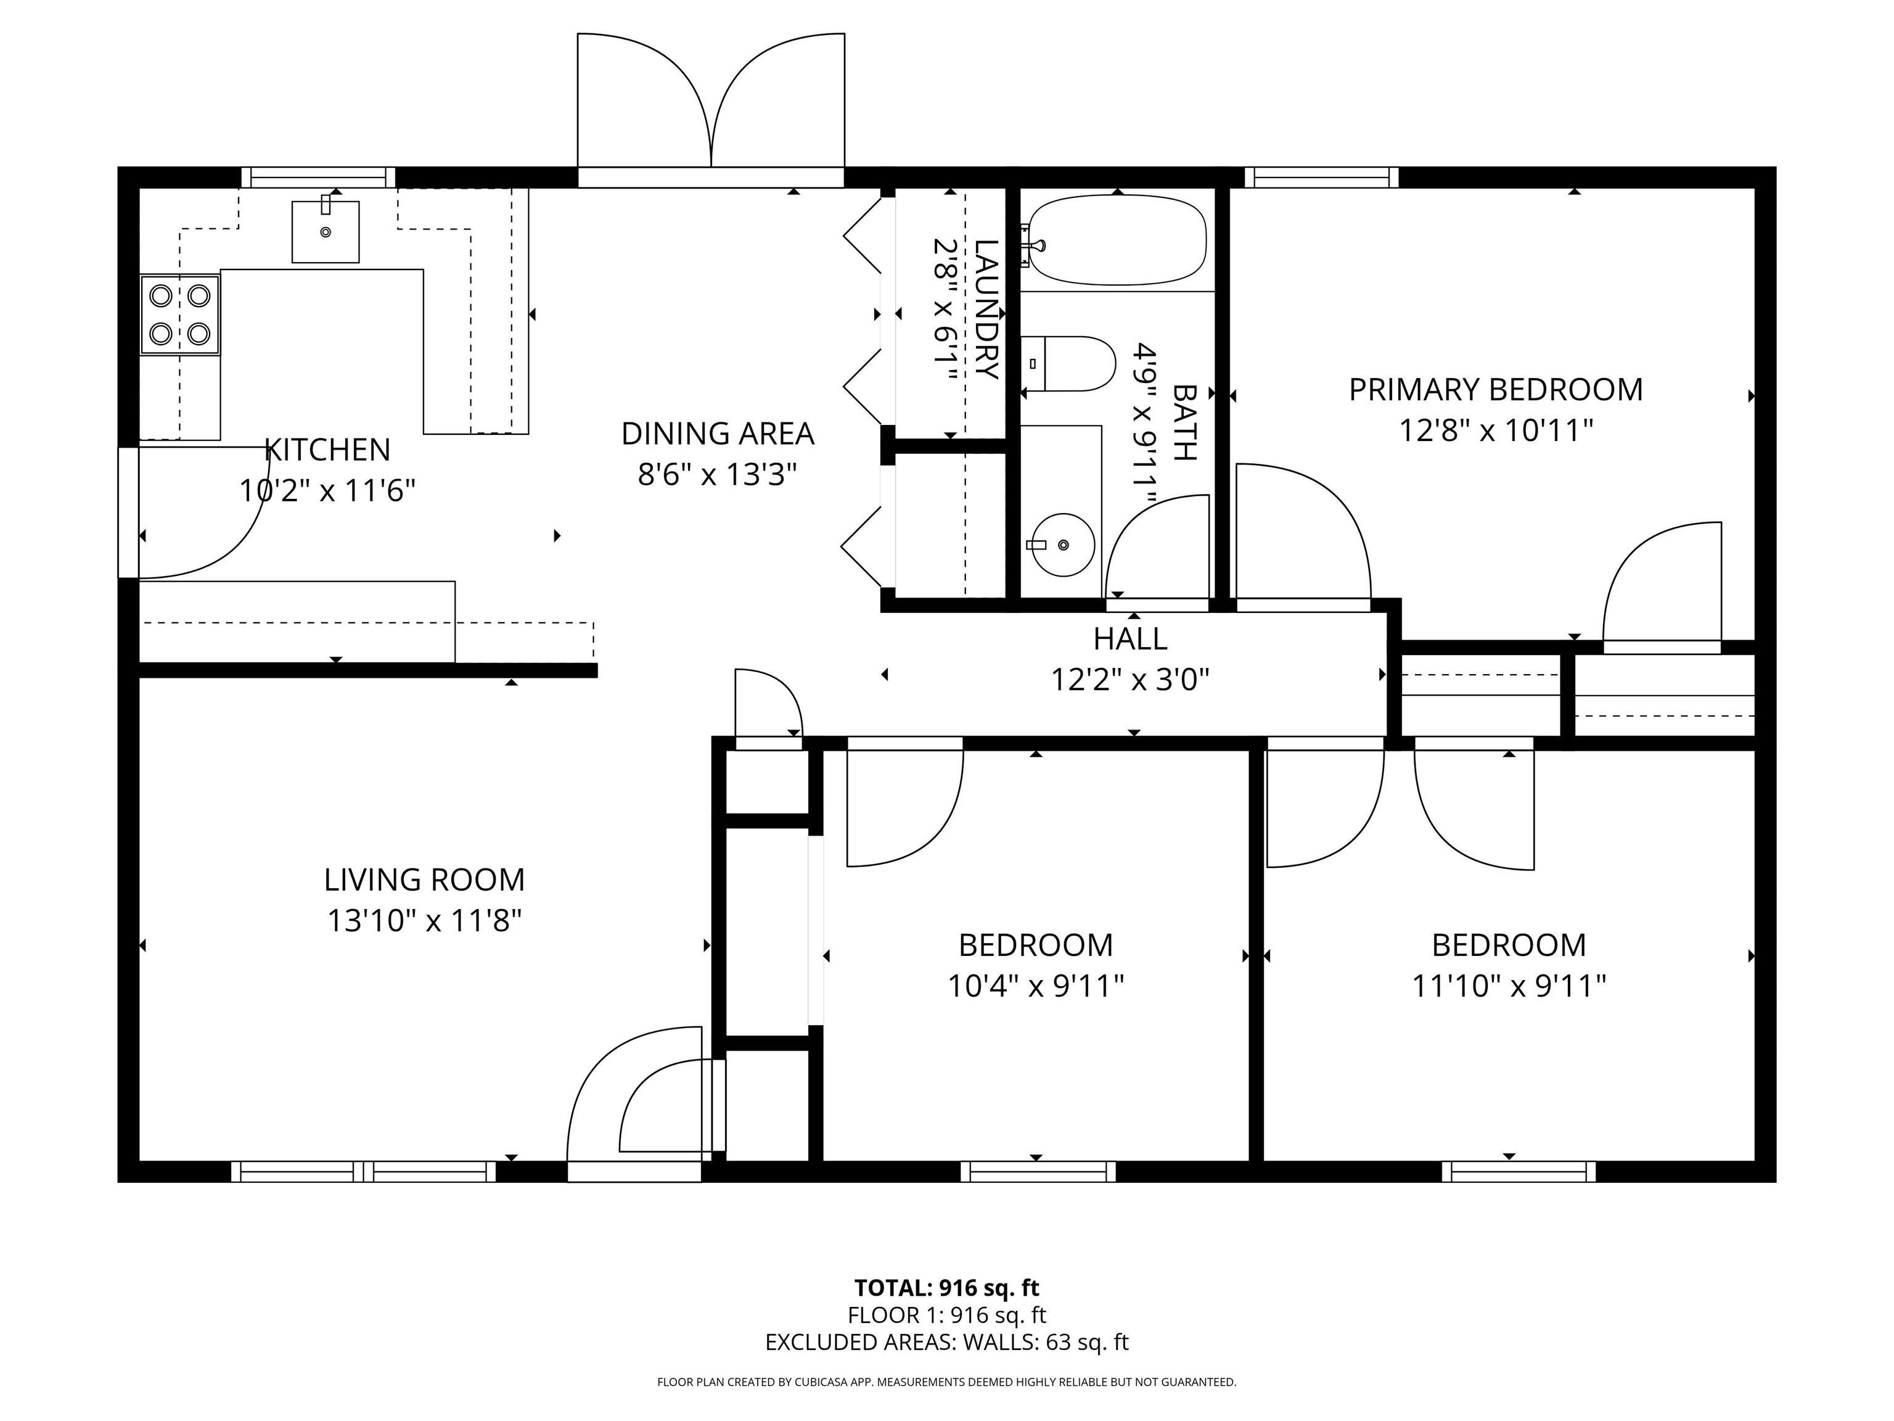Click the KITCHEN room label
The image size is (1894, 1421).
pyautogui.click(x=327, y=450)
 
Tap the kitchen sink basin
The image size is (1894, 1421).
pyautogui.click(x=326, y=231)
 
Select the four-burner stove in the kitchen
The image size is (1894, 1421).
pyautogui.click(x=180, y=315)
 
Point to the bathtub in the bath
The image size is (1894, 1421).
pyautogui.click(x=1117, y=240)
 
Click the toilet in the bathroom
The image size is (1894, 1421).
pyautogui.click(x=1068, y=363)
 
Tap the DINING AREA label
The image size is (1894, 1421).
pyautogui.click(x=718, y=434)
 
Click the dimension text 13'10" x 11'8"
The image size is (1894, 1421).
pyautogui.click(x=425, y=921)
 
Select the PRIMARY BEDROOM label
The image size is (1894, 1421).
pyautogui.click(x=1496, y=390)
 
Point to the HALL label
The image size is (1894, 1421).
pyautogui.click(x=1130, y=639)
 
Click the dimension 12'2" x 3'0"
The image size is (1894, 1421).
pyautogui.click(x=1130, y=680)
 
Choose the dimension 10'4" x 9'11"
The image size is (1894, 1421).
pyautogui.click(x=1035, y=986)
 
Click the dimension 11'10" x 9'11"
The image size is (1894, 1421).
pyautogui.click(x=1509, y=986)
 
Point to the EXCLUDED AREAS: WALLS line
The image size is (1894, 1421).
pyautogui.click(x=947, y=1342)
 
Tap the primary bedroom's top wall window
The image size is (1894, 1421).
pyautogui.click(x=1321, y=177)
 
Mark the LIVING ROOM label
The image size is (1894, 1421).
pyautogui.click(x=425, y=879)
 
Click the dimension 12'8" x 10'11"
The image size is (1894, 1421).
pyautogui.click(x=1496, y=430)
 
